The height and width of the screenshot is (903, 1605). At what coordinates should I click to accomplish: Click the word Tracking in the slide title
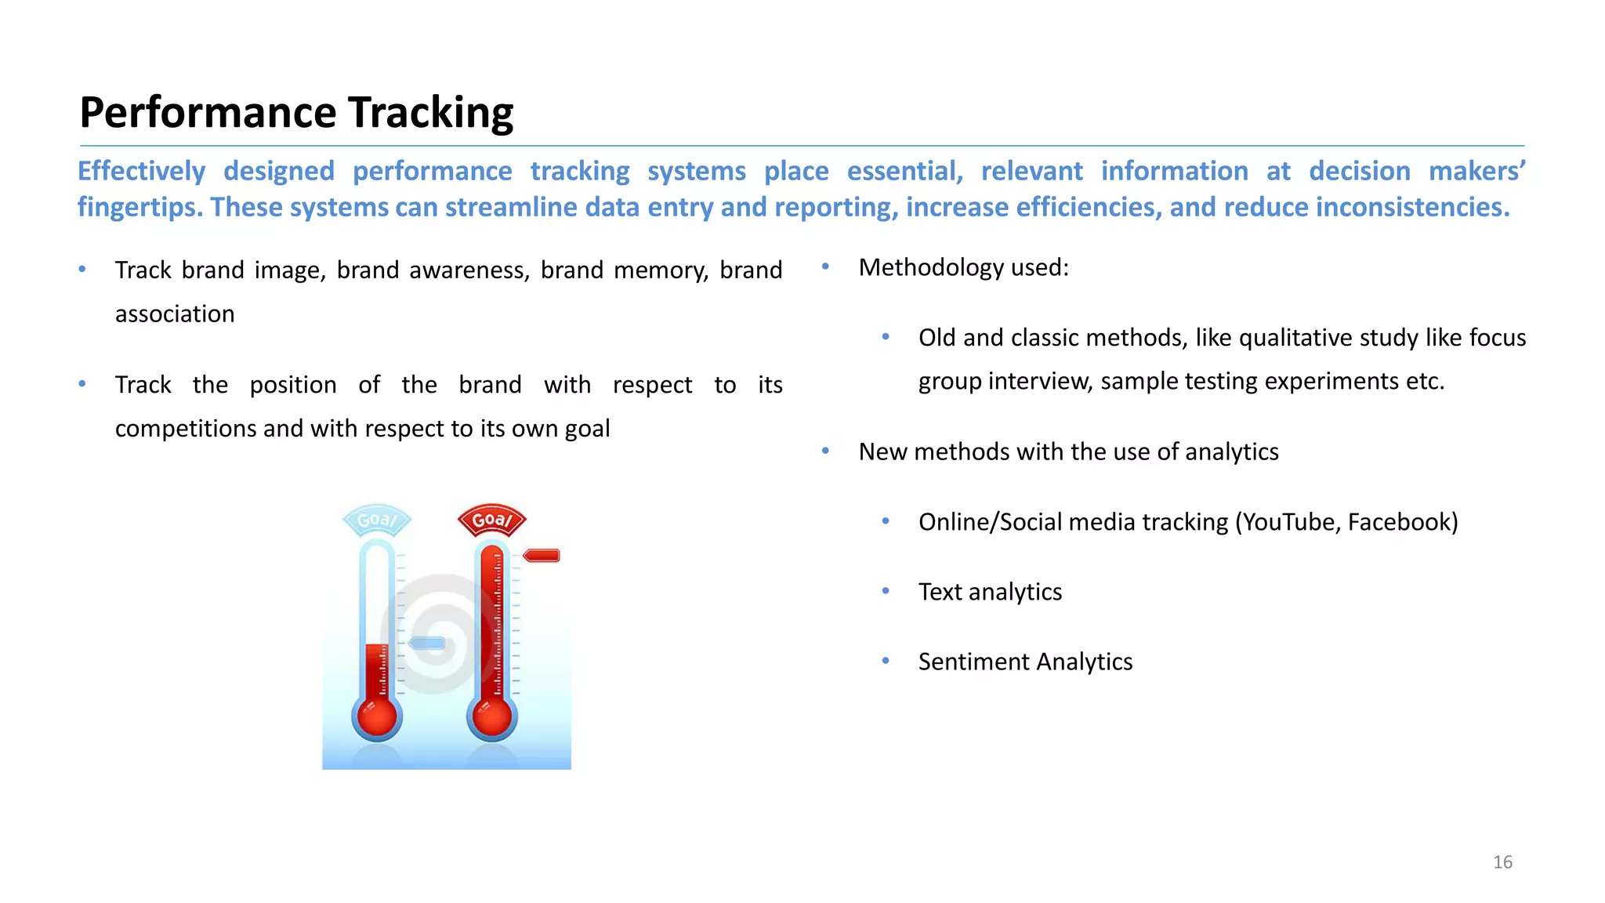tap(430, 113)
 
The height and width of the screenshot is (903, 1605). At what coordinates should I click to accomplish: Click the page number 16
tap(1502, 862)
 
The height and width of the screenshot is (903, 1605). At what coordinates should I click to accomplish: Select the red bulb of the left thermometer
tap(377, 717)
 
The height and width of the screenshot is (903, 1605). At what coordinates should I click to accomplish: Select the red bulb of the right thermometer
tap(492, 717)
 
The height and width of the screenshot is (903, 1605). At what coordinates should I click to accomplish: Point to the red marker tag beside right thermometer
tap(542, 556)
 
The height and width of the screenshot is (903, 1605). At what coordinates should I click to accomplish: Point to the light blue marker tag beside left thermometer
tap(427, 644)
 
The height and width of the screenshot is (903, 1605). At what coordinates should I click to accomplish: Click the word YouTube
tap(1290, 522)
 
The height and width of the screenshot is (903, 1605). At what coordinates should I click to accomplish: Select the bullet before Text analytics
tap(886, 591)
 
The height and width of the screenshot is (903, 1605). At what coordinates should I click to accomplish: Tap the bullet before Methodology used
tap(825, 267)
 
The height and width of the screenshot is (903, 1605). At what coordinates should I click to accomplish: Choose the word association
tap(175, 314)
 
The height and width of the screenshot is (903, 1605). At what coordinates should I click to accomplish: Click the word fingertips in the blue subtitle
tap(140, 208)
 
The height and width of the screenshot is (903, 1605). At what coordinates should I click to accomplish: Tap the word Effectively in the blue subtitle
tap(142, 171)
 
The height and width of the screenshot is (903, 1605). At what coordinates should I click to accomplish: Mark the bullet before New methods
tap(825, 451)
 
